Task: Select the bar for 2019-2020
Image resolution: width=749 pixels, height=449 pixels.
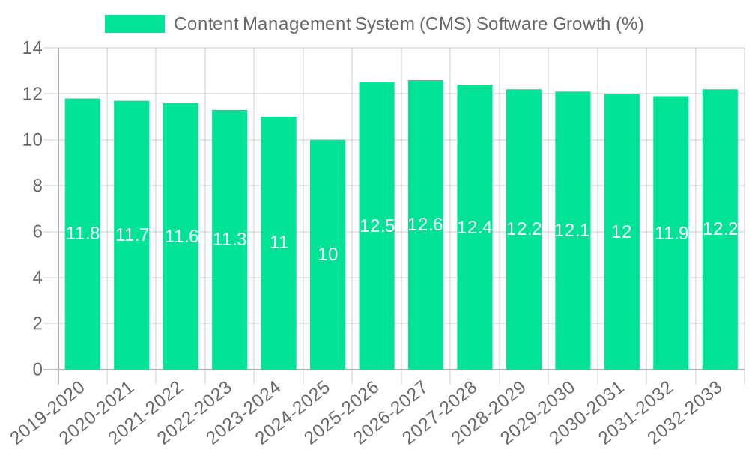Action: [x=82, y=299]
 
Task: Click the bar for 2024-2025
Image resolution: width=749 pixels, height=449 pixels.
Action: [x=327, y=314]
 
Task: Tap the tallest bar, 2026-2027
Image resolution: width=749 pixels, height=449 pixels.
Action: [x=425, y=299]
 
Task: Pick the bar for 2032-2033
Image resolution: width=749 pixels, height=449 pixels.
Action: [x=720, y=299]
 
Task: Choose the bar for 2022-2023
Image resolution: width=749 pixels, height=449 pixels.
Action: [x=229, y=299]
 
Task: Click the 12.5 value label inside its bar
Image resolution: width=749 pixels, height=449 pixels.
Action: [x=377, y=226]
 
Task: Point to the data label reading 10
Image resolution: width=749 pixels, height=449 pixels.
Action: [x=327, y=254]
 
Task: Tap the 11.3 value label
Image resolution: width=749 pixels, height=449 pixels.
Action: [x=229, y=239]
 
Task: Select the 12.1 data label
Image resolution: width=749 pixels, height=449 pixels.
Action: [x=572, y=230]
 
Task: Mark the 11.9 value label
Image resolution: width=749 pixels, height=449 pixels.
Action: [x=670, y=233]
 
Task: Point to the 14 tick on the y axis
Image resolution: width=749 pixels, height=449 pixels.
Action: [x=33, y=49]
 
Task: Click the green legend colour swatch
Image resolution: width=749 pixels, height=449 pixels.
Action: [x=134, y=24]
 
